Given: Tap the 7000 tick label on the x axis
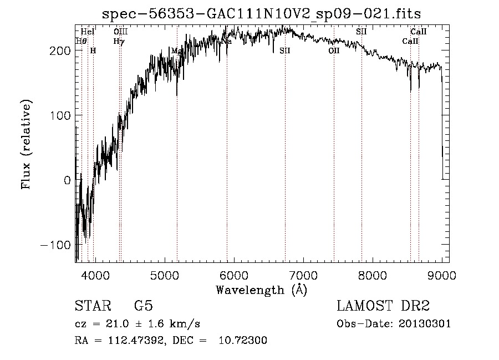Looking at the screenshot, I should tap(303, 275).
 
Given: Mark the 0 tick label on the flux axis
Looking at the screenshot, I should tap(66, 180).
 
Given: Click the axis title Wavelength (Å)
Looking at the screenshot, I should tap(261, 290).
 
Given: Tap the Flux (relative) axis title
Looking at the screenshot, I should tap(26, 145).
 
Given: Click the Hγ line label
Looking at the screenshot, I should tap(118, 41).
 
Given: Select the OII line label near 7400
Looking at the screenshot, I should tap(334, 50).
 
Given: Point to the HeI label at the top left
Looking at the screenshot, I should tap(88, 32).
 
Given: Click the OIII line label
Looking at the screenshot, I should tap(121, 32).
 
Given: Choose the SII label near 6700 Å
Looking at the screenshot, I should tap(285, 50).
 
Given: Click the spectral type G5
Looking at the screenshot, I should tap(143, 306).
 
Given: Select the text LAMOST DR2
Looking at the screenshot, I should tap(383, 306).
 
